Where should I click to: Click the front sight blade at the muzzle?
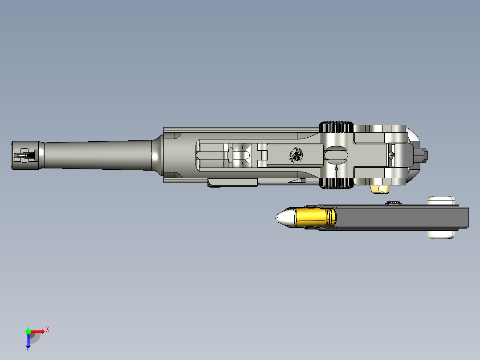[25, 155]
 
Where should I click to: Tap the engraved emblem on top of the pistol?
[296, 155]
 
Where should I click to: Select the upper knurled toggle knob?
[336, 127]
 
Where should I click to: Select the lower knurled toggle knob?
[336, 183]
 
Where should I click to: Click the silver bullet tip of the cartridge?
[285, 217]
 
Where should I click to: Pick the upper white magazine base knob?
[441, 200]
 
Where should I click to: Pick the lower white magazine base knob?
[441, 234]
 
